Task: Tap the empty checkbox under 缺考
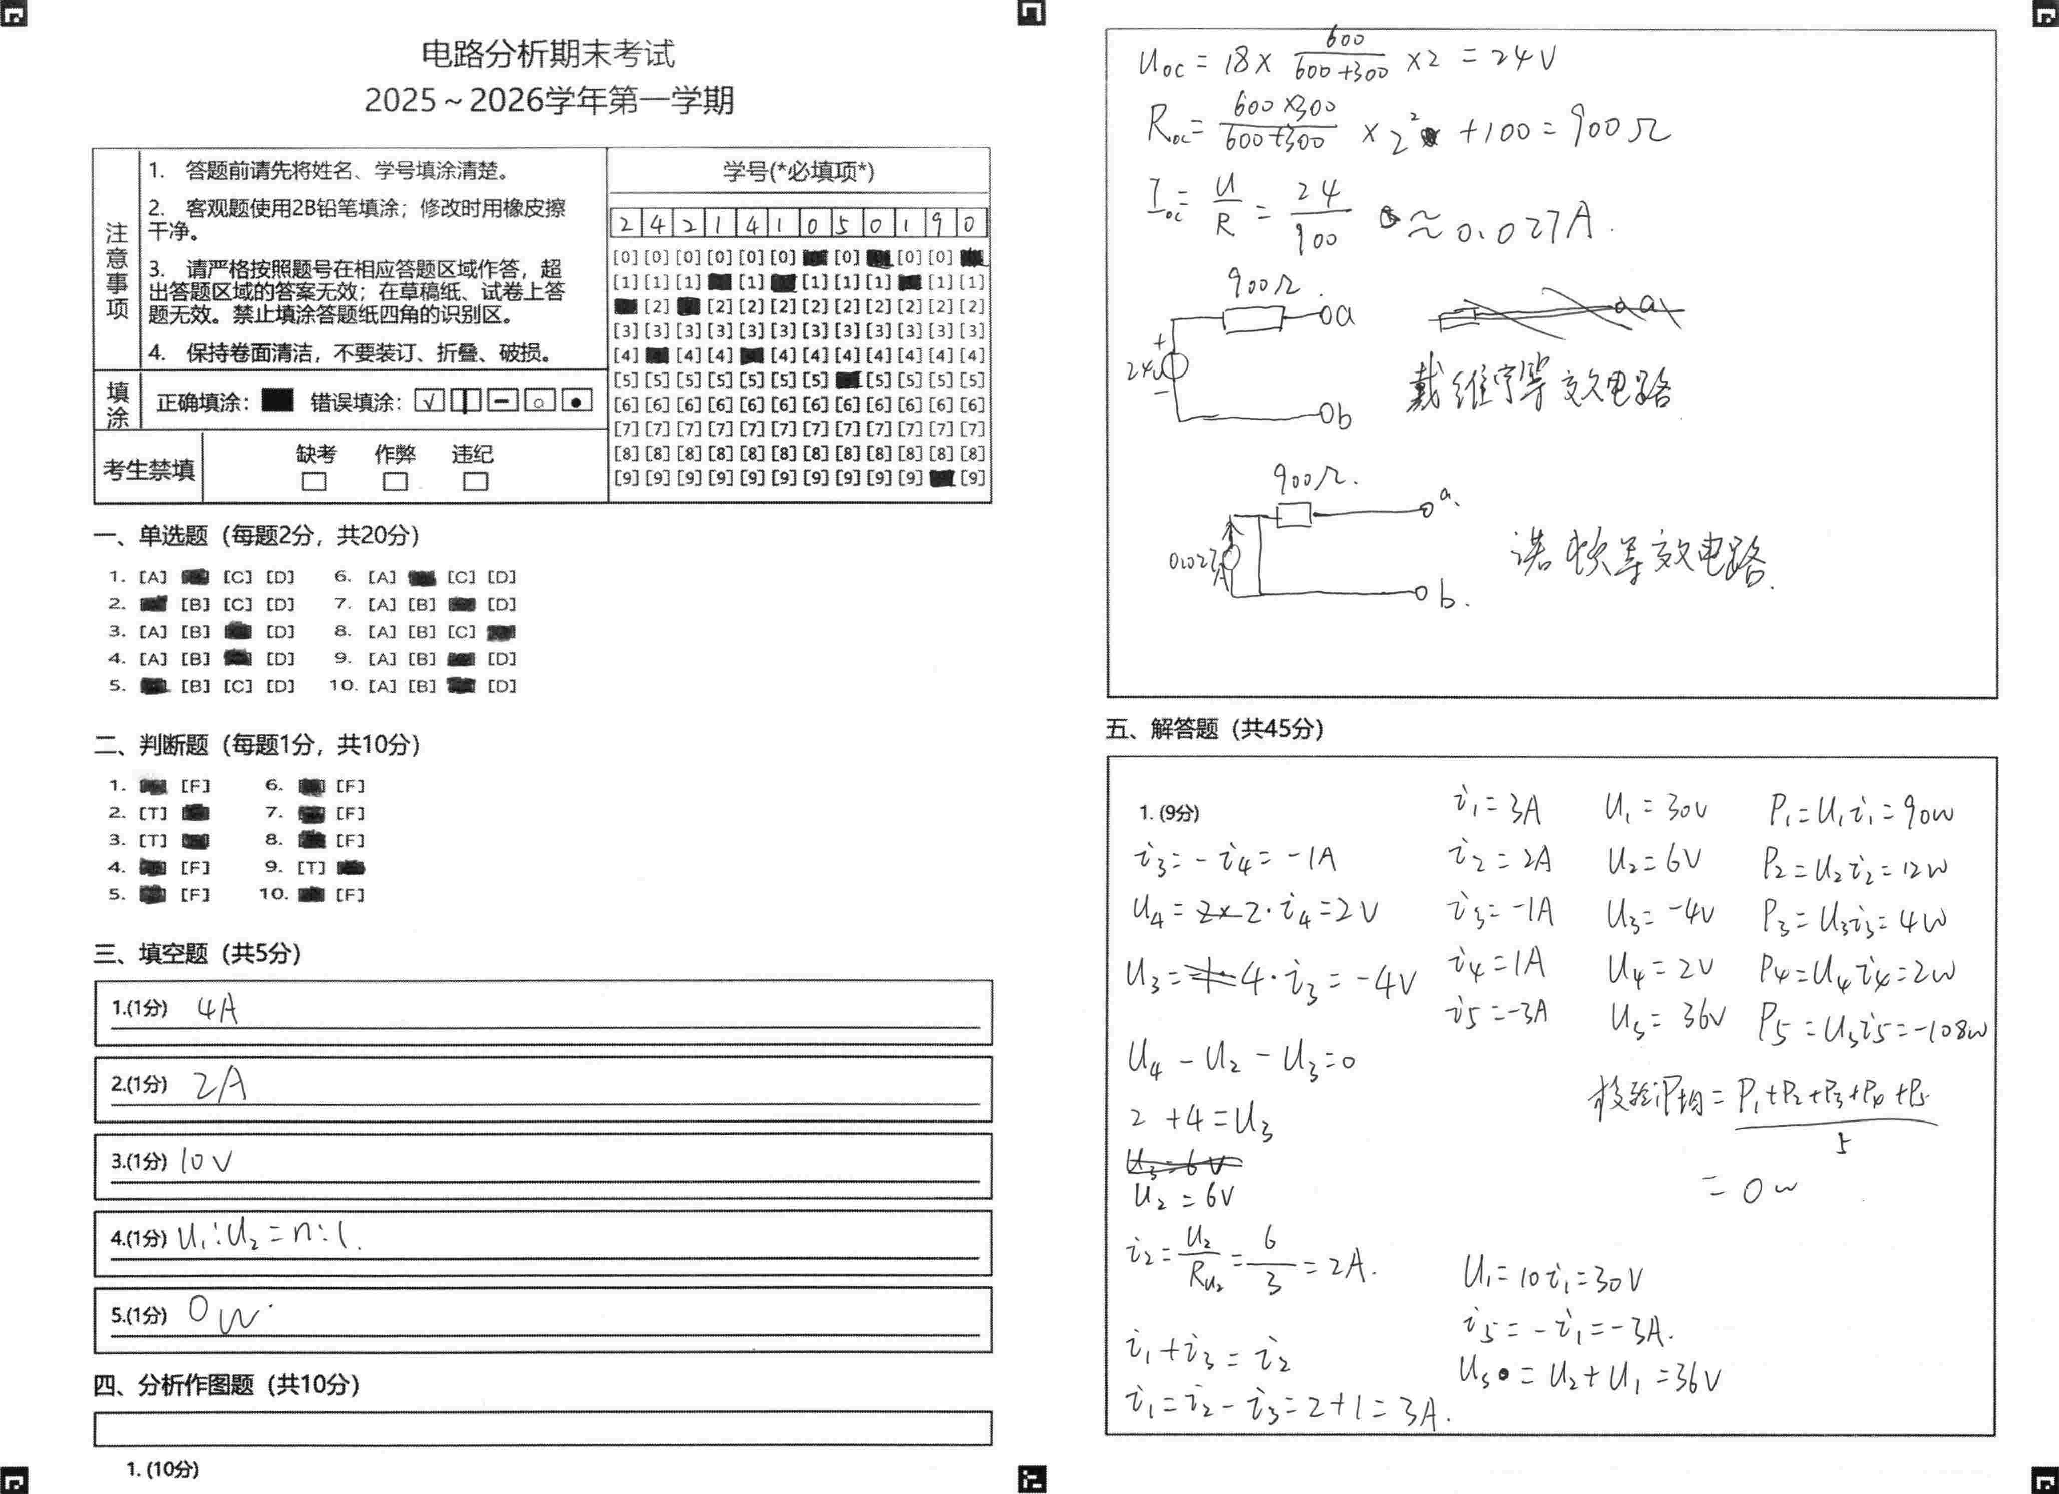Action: coord(314,481)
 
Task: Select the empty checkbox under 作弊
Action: coord(395,481)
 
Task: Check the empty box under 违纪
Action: coord(475,481)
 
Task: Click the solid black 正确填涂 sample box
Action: coord(277,400)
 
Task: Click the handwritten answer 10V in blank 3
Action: coord(206,1161)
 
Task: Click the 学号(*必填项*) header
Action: coord(798,171)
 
